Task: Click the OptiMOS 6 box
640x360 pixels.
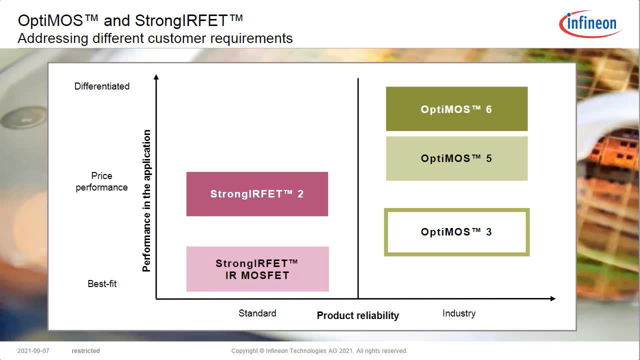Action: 456,109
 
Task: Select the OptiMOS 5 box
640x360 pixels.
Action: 456,158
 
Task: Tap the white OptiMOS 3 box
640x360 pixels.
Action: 456,232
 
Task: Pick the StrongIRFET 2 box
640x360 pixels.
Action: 257,194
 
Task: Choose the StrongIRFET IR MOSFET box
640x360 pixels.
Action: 257,269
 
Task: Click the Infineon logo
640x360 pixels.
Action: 590,23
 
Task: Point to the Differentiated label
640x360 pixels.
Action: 102,86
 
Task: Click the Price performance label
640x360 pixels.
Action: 101,181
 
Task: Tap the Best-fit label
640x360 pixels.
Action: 102,284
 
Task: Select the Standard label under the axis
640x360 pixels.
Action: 257,313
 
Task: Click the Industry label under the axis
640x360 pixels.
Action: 458,313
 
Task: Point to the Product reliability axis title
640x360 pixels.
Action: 358,315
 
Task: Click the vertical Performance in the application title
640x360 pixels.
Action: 146,200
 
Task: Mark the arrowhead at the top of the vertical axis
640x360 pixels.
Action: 156,77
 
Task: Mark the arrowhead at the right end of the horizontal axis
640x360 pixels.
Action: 552,298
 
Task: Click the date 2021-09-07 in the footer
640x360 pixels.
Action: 33,351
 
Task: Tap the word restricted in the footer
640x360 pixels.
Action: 85,351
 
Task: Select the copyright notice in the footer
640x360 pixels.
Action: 319,351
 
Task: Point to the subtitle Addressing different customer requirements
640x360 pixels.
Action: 155,38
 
